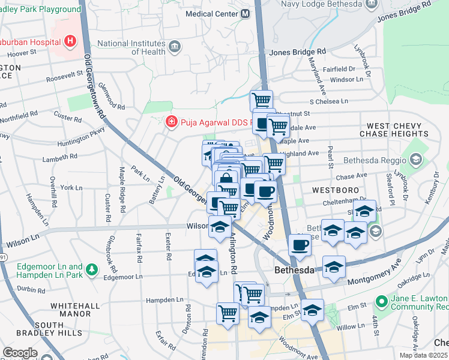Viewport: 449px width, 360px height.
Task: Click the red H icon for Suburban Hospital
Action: pos(71,41)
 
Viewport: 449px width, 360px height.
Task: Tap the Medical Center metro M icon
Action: pos(245,13)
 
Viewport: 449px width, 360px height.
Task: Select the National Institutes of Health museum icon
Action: pos(174,46)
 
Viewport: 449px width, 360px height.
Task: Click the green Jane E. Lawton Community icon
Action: pos(381,300)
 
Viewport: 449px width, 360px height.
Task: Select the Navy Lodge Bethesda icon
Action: pos(372,3)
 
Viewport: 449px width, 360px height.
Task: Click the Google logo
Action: pos(20,352)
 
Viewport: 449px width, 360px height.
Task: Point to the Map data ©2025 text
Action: pos(424,355)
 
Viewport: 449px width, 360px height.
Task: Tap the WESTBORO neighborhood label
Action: pos(336,190)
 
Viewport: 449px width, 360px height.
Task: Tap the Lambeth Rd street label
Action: pos(60,157)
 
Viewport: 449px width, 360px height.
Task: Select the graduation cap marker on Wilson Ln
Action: pos(220,227)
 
